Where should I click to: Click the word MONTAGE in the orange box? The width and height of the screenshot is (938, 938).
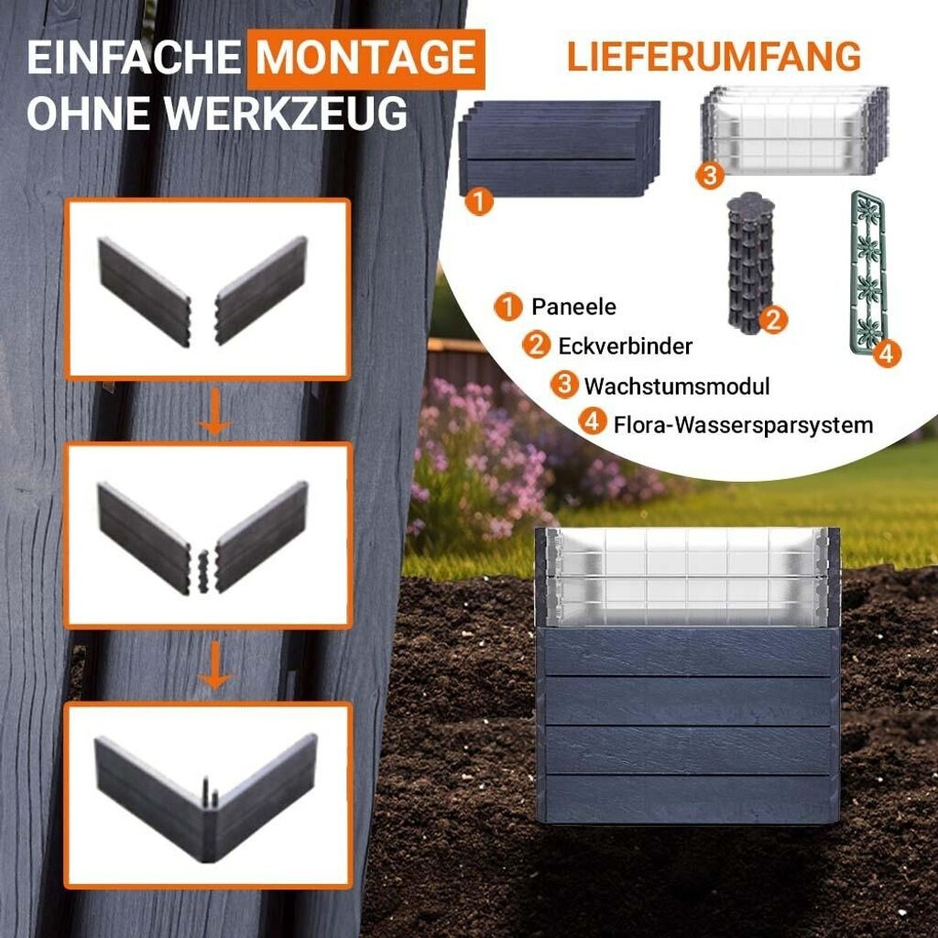(x=365, y=58)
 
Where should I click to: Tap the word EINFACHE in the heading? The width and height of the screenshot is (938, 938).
(x=134, y=58)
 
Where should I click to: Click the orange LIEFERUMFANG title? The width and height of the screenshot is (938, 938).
(x=714, y=57)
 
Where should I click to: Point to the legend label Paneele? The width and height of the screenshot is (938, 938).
(x=573, y=307)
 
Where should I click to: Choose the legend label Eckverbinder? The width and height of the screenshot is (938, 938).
(x=625, y=345)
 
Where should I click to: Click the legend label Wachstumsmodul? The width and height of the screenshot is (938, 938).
(x=677, y=386)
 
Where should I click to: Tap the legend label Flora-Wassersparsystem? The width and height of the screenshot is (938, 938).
(x=744, y=425)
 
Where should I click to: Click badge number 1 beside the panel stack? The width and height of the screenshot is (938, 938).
(x=479, y=202)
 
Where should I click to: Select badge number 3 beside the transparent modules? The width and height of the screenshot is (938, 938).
(x=710, y=175)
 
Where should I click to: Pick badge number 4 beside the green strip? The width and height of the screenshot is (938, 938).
(x=887, y=354)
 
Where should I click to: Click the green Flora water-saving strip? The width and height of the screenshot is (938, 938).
(x=867, y=274)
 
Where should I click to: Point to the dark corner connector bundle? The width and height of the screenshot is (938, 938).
(x=750, y=261)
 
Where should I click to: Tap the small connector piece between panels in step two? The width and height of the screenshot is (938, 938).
(x=204, y=572)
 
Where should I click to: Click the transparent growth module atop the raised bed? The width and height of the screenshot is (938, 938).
(x=687, y=576)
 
